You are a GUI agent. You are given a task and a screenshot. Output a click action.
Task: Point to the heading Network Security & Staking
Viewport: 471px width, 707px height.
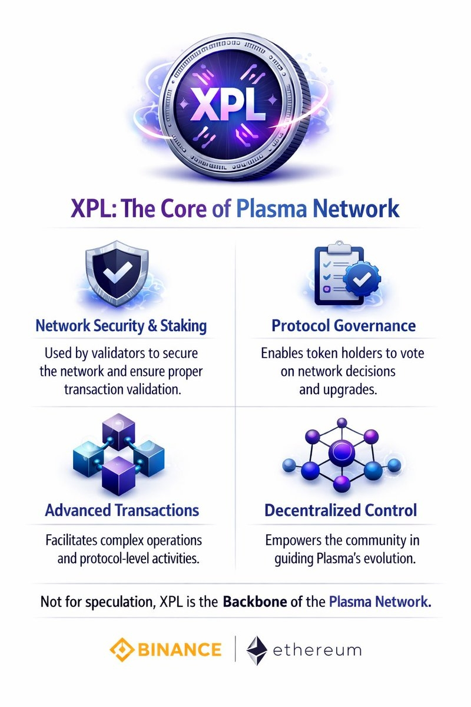click(121, 325)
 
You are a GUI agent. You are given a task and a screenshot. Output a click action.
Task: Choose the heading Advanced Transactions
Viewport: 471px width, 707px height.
click(122, 510)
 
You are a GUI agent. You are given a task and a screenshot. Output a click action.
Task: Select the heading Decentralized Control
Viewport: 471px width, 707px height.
click(341, 510)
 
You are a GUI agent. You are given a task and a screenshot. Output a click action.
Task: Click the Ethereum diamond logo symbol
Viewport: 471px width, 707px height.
click(256, 650)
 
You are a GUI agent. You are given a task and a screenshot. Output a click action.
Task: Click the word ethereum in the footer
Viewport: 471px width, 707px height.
click(317, 650)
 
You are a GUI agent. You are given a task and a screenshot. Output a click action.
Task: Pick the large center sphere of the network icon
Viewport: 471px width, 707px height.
click(340, 454)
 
